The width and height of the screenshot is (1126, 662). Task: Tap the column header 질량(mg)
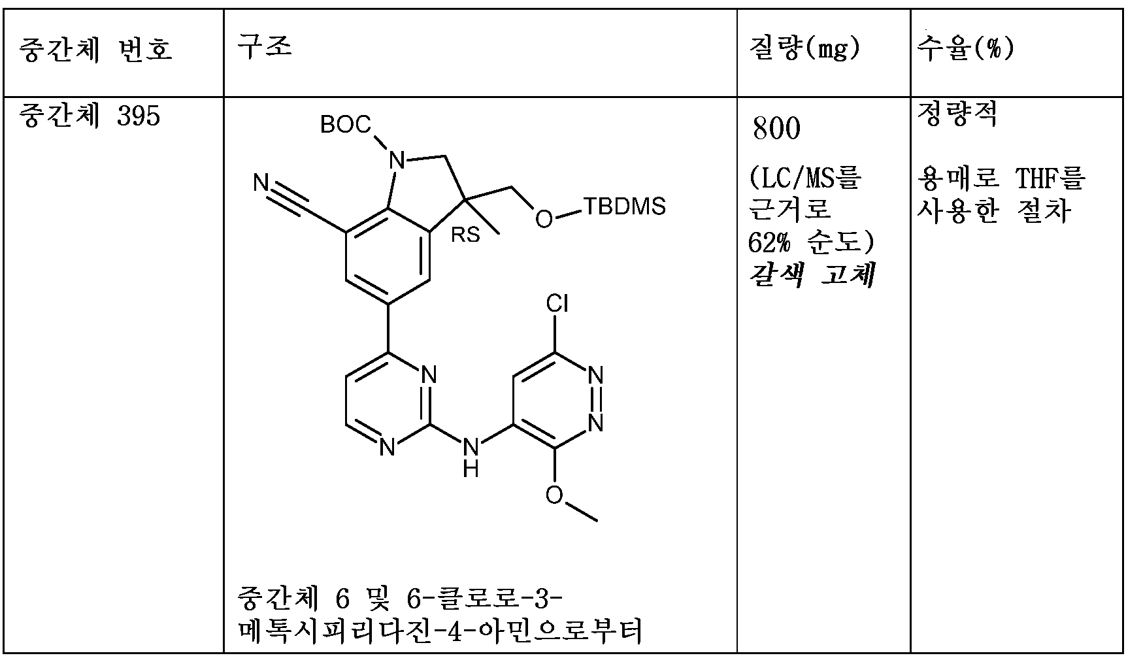(804, 48)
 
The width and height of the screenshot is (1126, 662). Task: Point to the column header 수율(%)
(965, 48)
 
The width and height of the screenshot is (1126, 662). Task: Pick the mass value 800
(776, 129)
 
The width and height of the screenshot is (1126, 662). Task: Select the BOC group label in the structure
(345, 124)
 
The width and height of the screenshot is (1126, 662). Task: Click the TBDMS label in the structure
(624, 207)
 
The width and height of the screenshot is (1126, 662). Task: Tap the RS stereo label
(465, 235)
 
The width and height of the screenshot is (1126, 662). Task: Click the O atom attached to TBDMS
(542, 219)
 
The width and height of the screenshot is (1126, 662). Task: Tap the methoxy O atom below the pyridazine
(554, 495)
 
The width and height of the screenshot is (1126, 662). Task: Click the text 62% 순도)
(811, 242)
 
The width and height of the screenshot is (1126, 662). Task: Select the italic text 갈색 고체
(811, 275)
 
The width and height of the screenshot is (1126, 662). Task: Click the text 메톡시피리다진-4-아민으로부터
(440, 631)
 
